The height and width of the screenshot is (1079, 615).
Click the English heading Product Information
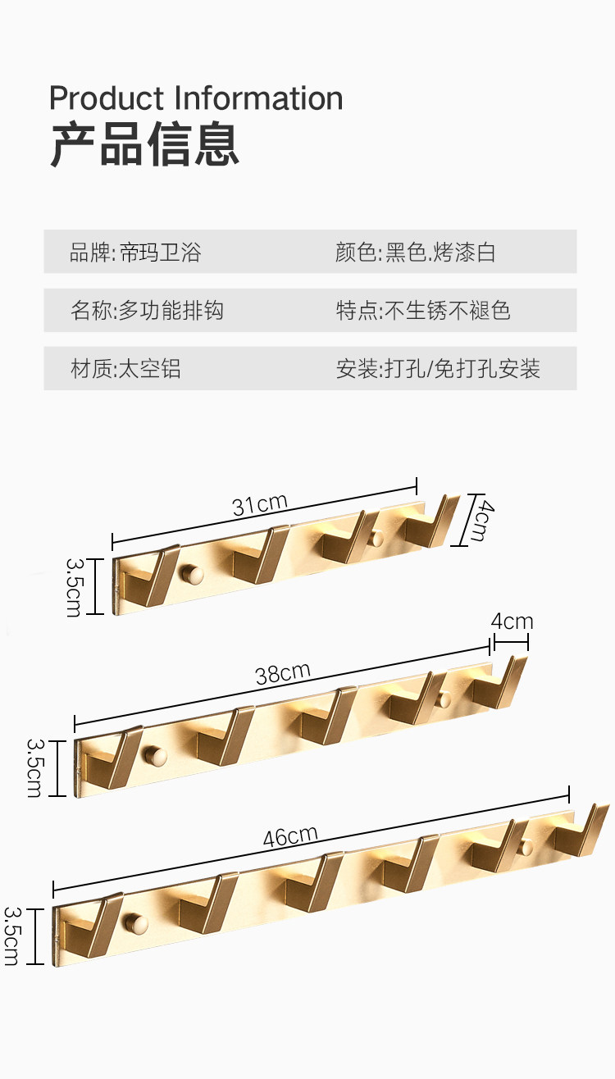pos(196,98)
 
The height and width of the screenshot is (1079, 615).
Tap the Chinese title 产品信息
pos(144,145)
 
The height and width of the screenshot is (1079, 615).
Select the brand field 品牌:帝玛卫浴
pos(135,252)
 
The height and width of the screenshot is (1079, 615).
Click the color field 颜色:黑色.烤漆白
pos(415,252)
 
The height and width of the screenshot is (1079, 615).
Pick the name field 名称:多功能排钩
pos(147,311)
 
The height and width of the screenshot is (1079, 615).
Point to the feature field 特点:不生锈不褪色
pos(423,311)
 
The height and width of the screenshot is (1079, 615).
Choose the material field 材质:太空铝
pos(125,369)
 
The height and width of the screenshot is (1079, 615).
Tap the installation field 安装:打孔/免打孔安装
pos(438,369)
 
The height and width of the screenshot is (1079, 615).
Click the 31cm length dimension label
pos(260,504)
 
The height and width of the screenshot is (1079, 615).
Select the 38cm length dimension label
pos(283,674)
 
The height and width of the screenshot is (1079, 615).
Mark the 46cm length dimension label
pos(290,836)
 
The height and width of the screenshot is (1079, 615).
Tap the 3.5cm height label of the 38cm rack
pos(35,767)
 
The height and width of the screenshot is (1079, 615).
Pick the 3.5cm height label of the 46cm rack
pos(12,936)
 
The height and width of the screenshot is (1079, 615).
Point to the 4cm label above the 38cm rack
pos(512,621)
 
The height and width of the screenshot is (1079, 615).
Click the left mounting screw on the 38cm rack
pos(153,754)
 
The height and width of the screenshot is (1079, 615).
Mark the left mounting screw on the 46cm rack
pos(136,923)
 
